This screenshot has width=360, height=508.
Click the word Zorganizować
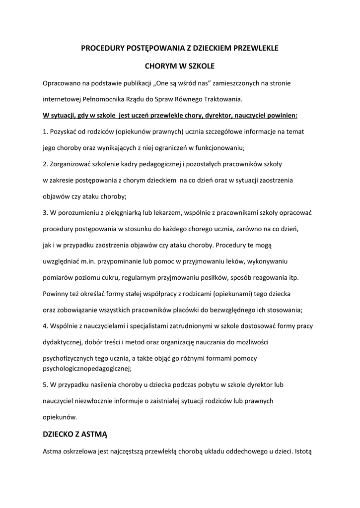click(72, 164)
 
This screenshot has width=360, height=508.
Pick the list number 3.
click(45, 212)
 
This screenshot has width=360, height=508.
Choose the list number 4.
click(45, 326)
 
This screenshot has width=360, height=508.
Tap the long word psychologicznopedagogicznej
click(87, 368)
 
